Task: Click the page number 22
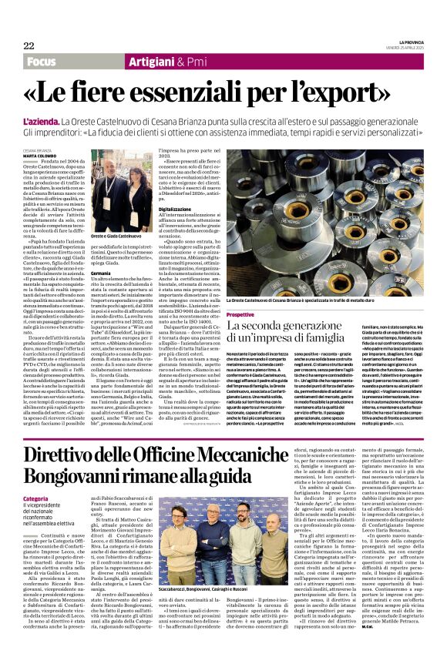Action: (29, 45)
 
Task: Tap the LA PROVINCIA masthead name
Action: (409, 42)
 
